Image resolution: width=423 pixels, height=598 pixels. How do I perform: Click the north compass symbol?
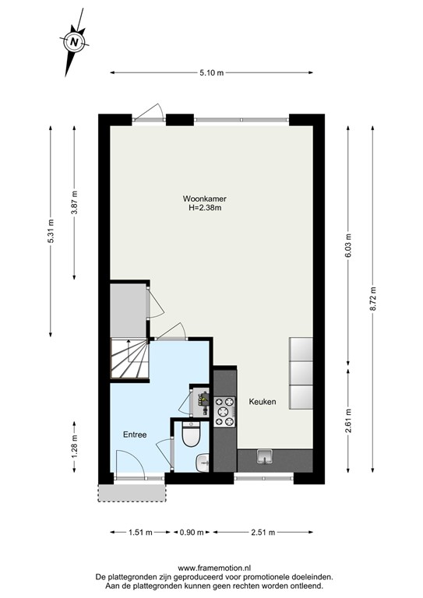click(x=73, y=42)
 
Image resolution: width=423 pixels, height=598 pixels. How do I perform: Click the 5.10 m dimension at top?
click(x=211, y=73)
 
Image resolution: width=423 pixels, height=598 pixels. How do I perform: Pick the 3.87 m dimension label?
click(x=74, y=202)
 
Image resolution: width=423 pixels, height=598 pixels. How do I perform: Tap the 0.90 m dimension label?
click(x=191, y=533)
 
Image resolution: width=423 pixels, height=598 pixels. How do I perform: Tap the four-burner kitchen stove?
click(x=225, y=412)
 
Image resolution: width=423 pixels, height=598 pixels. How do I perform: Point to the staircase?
click(x=129, y=357)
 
